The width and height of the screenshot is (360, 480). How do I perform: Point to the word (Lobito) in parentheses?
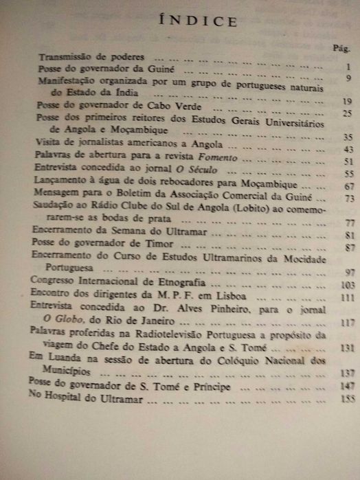[224, 209]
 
